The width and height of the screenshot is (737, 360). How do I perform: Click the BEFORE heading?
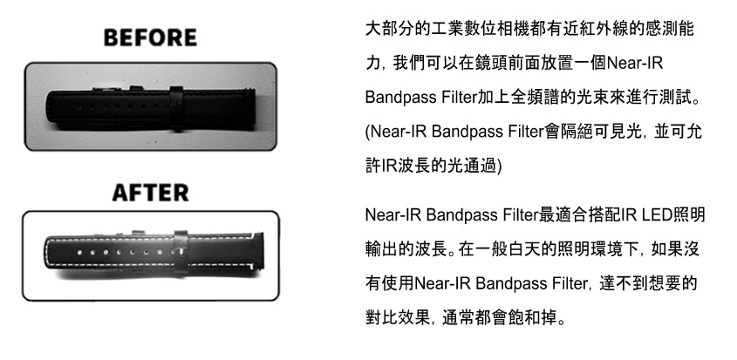coord(150,37)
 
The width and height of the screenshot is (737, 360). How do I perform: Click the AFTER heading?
coord(150,193)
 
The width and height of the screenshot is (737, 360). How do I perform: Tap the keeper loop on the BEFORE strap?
coord(176,108)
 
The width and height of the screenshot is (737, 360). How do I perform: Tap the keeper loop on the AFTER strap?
coord(181,253)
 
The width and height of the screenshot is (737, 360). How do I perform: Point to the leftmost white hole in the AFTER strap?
coord(79,253)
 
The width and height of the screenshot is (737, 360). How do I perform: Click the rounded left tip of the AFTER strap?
coord(47,253)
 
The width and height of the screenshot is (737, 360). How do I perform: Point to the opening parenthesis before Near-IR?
coord(368,132)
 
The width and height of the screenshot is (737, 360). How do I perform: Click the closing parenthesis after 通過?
coord(499,166)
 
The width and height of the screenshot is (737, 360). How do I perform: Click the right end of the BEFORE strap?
coord(254,108)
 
